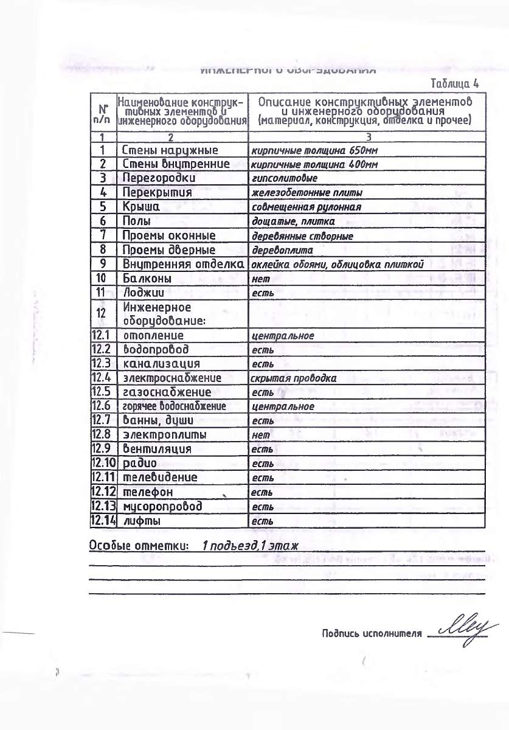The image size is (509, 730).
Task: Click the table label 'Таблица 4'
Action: click(454, 83)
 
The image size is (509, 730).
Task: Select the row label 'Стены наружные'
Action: click(170, 150)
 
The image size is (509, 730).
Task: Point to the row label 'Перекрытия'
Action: click(157, 192)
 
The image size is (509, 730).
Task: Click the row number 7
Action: click(103, 235)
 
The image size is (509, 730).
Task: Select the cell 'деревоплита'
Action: click(282, 250)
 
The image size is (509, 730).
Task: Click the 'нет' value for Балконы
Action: click(260, 279)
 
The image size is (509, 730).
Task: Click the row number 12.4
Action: click(102, 378)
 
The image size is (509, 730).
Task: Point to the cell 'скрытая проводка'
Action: click(293, 378)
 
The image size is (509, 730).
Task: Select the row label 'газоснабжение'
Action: click(167, 392)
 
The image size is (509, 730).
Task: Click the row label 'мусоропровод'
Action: click(162, 506)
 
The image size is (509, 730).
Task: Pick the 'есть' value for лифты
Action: click(262, 521)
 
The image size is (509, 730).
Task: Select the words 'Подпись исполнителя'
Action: click(371, 634)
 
